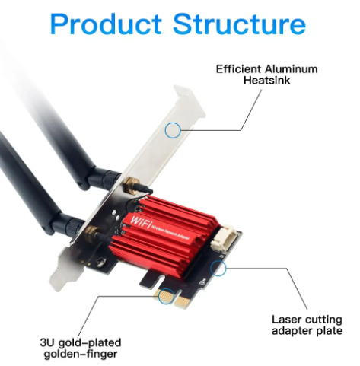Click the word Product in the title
[x=106, y=24]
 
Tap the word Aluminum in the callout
[x=291, y=69]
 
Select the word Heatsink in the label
[x=267, y=81]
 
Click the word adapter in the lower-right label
[x=292, y=331]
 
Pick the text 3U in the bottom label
[x=47, y=342]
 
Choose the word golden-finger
[x=81, y=355]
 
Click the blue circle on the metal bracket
[x=173, y=130]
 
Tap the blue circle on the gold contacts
[x=166, y=296]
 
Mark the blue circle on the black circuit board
[x=218, y=268]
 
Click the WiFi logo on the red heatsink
[x=141, y=221]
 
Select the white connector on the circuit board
[x=224, y=238]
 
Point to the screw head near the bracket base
[x=101, y=262]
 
